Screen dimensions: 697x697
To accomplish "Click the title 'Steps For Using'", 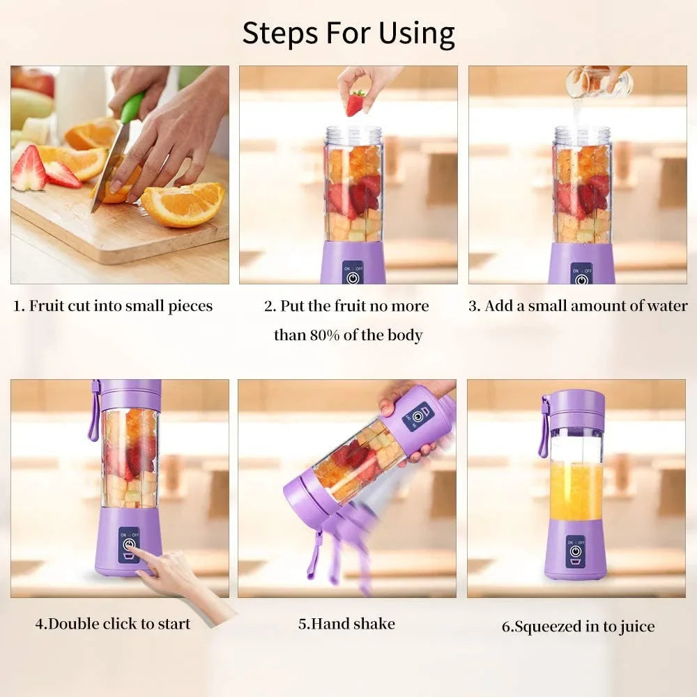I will point(348,33).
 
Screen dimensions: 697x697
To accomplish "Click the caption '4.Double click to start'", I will point(112,623).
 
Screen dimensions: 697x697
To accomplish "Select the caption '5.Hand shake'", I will point(346,623).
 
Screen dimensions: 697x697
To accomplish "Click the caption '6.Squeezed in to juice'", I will point(578,627).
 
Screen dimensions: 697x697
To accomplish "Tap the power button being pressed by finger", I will point(129,544).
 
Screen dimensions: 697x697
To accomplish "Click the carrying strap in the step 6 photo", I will point(544,432).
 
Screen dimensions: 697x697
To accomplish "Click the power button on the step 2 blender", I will point(353,277).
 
